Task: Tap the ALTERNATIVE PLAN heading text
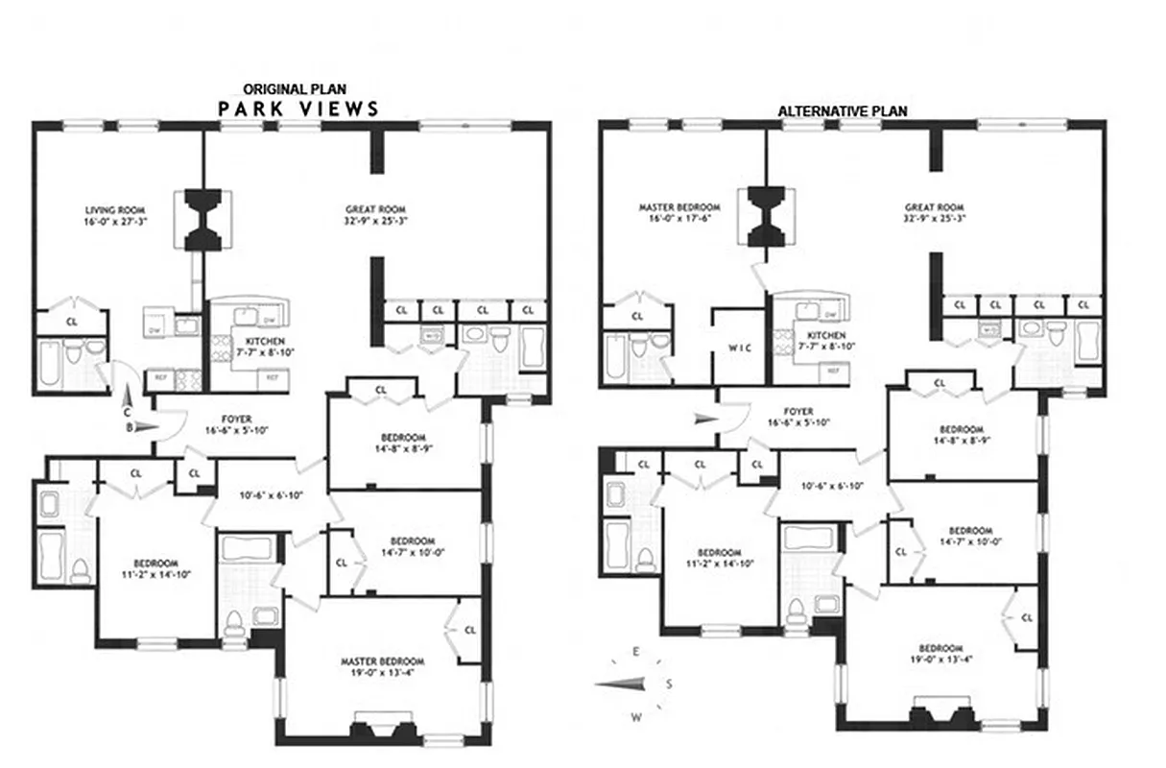[x=842, y=110]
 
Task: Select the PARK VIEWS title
[x=298, y=108]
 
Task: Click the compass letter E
[x=636, y=652]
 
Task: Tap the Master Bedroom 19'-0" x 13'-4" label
[x=383, y=666]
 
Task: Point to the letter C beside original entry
[x=127, y=411]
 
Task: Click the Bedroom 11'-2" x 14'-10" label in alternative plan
[x=720, y=558]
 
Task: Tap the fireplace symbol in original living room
[x=202, y=220]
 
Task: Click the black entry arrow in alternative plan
[x=704, y=418]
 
